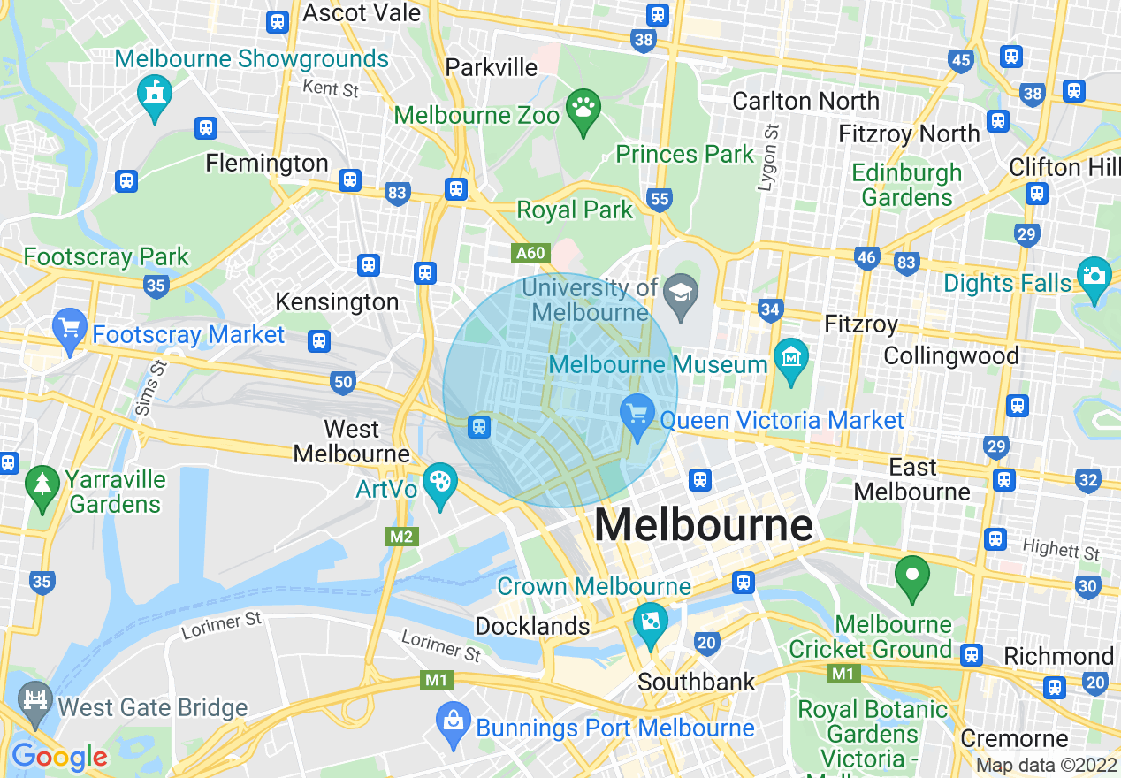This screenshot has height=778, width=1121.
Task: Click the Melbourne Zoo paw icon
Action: point(583,109)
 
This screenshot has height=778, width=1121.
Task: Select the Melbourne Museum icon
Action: point(790,357)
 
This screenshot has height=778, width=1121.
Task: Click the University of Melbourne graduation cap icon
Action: point(682,291)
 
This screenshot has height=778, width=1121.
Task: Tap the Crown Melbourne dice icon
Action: point(650,622)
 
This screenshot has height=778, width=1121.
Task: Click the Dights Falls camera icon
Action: point(1094,276)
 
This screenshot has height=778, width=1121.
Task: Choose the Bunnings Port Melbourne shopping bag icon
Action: point(453,721)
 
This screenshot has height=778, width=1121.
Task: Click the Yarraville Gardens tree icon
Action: point(42,484)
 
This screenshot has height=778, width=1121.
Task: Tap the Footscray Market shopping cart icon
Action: point(69,327)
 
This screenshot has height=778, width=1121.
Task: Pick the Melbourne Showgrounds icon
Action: point(155,92)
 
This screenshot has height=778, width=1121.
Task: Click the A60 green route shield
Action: point(530,253)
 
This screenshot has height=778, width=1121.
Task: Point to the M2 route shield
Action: point(401,536)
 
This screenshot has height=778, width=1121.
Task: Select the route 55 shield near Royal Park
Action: point(660,199)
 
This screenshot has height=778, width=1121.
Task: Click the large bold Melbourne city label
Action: point(703,526)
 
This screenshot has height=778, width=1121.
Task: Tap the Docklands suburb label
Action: point(532,626)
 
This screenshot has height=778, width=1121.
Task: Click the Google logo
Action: point(59,757)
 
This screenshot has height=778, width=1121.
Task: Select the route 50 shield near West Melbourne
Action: point(344,382)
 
